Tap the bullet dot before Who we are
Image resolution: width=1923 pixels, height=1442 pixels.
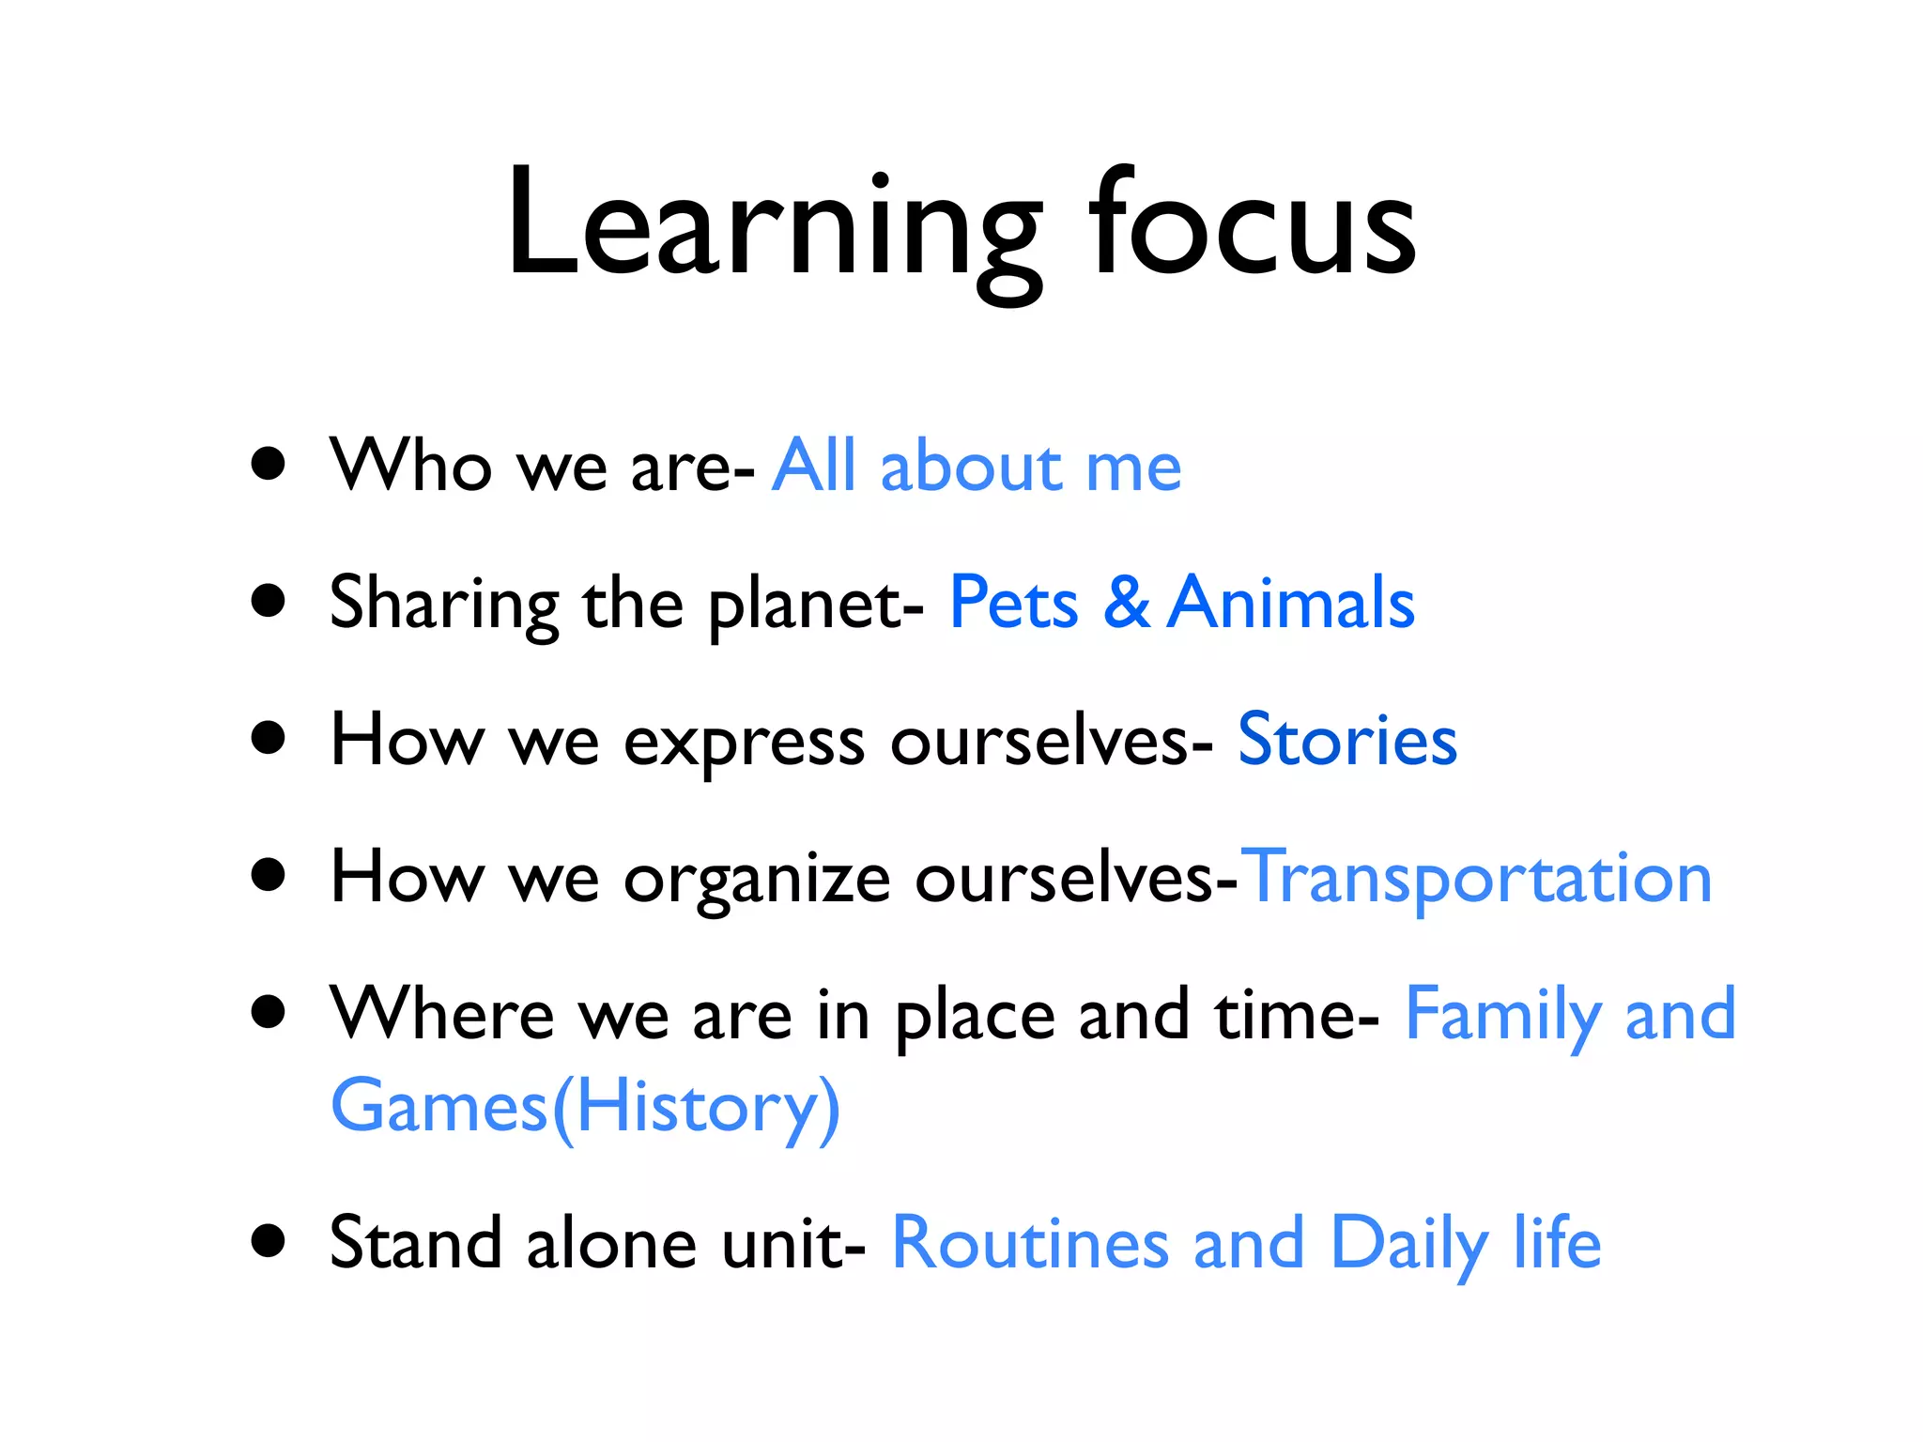pos(269,464)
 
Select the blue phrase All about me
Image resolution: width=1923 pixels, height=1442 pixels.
pos(977,466)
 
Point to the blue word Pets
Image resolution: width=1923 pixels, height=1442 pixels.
pos(1014,603)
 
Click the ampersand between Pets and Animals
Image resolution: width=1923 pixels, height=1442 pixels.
pos(1126,603)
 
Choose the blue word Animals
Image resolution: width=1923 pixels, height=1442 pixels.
pos(1292,603)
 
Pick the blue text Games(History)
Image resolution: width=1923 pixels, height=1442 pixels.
pos(585,1108)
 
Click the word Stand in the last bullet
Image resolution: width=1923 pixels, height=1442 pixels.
pos(416,1243)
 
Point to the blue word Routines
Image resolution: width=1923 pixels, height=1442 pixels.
pos(1030,1243)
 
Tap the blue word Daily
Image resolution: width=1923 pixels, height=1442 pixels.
pos(1409,1243)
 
